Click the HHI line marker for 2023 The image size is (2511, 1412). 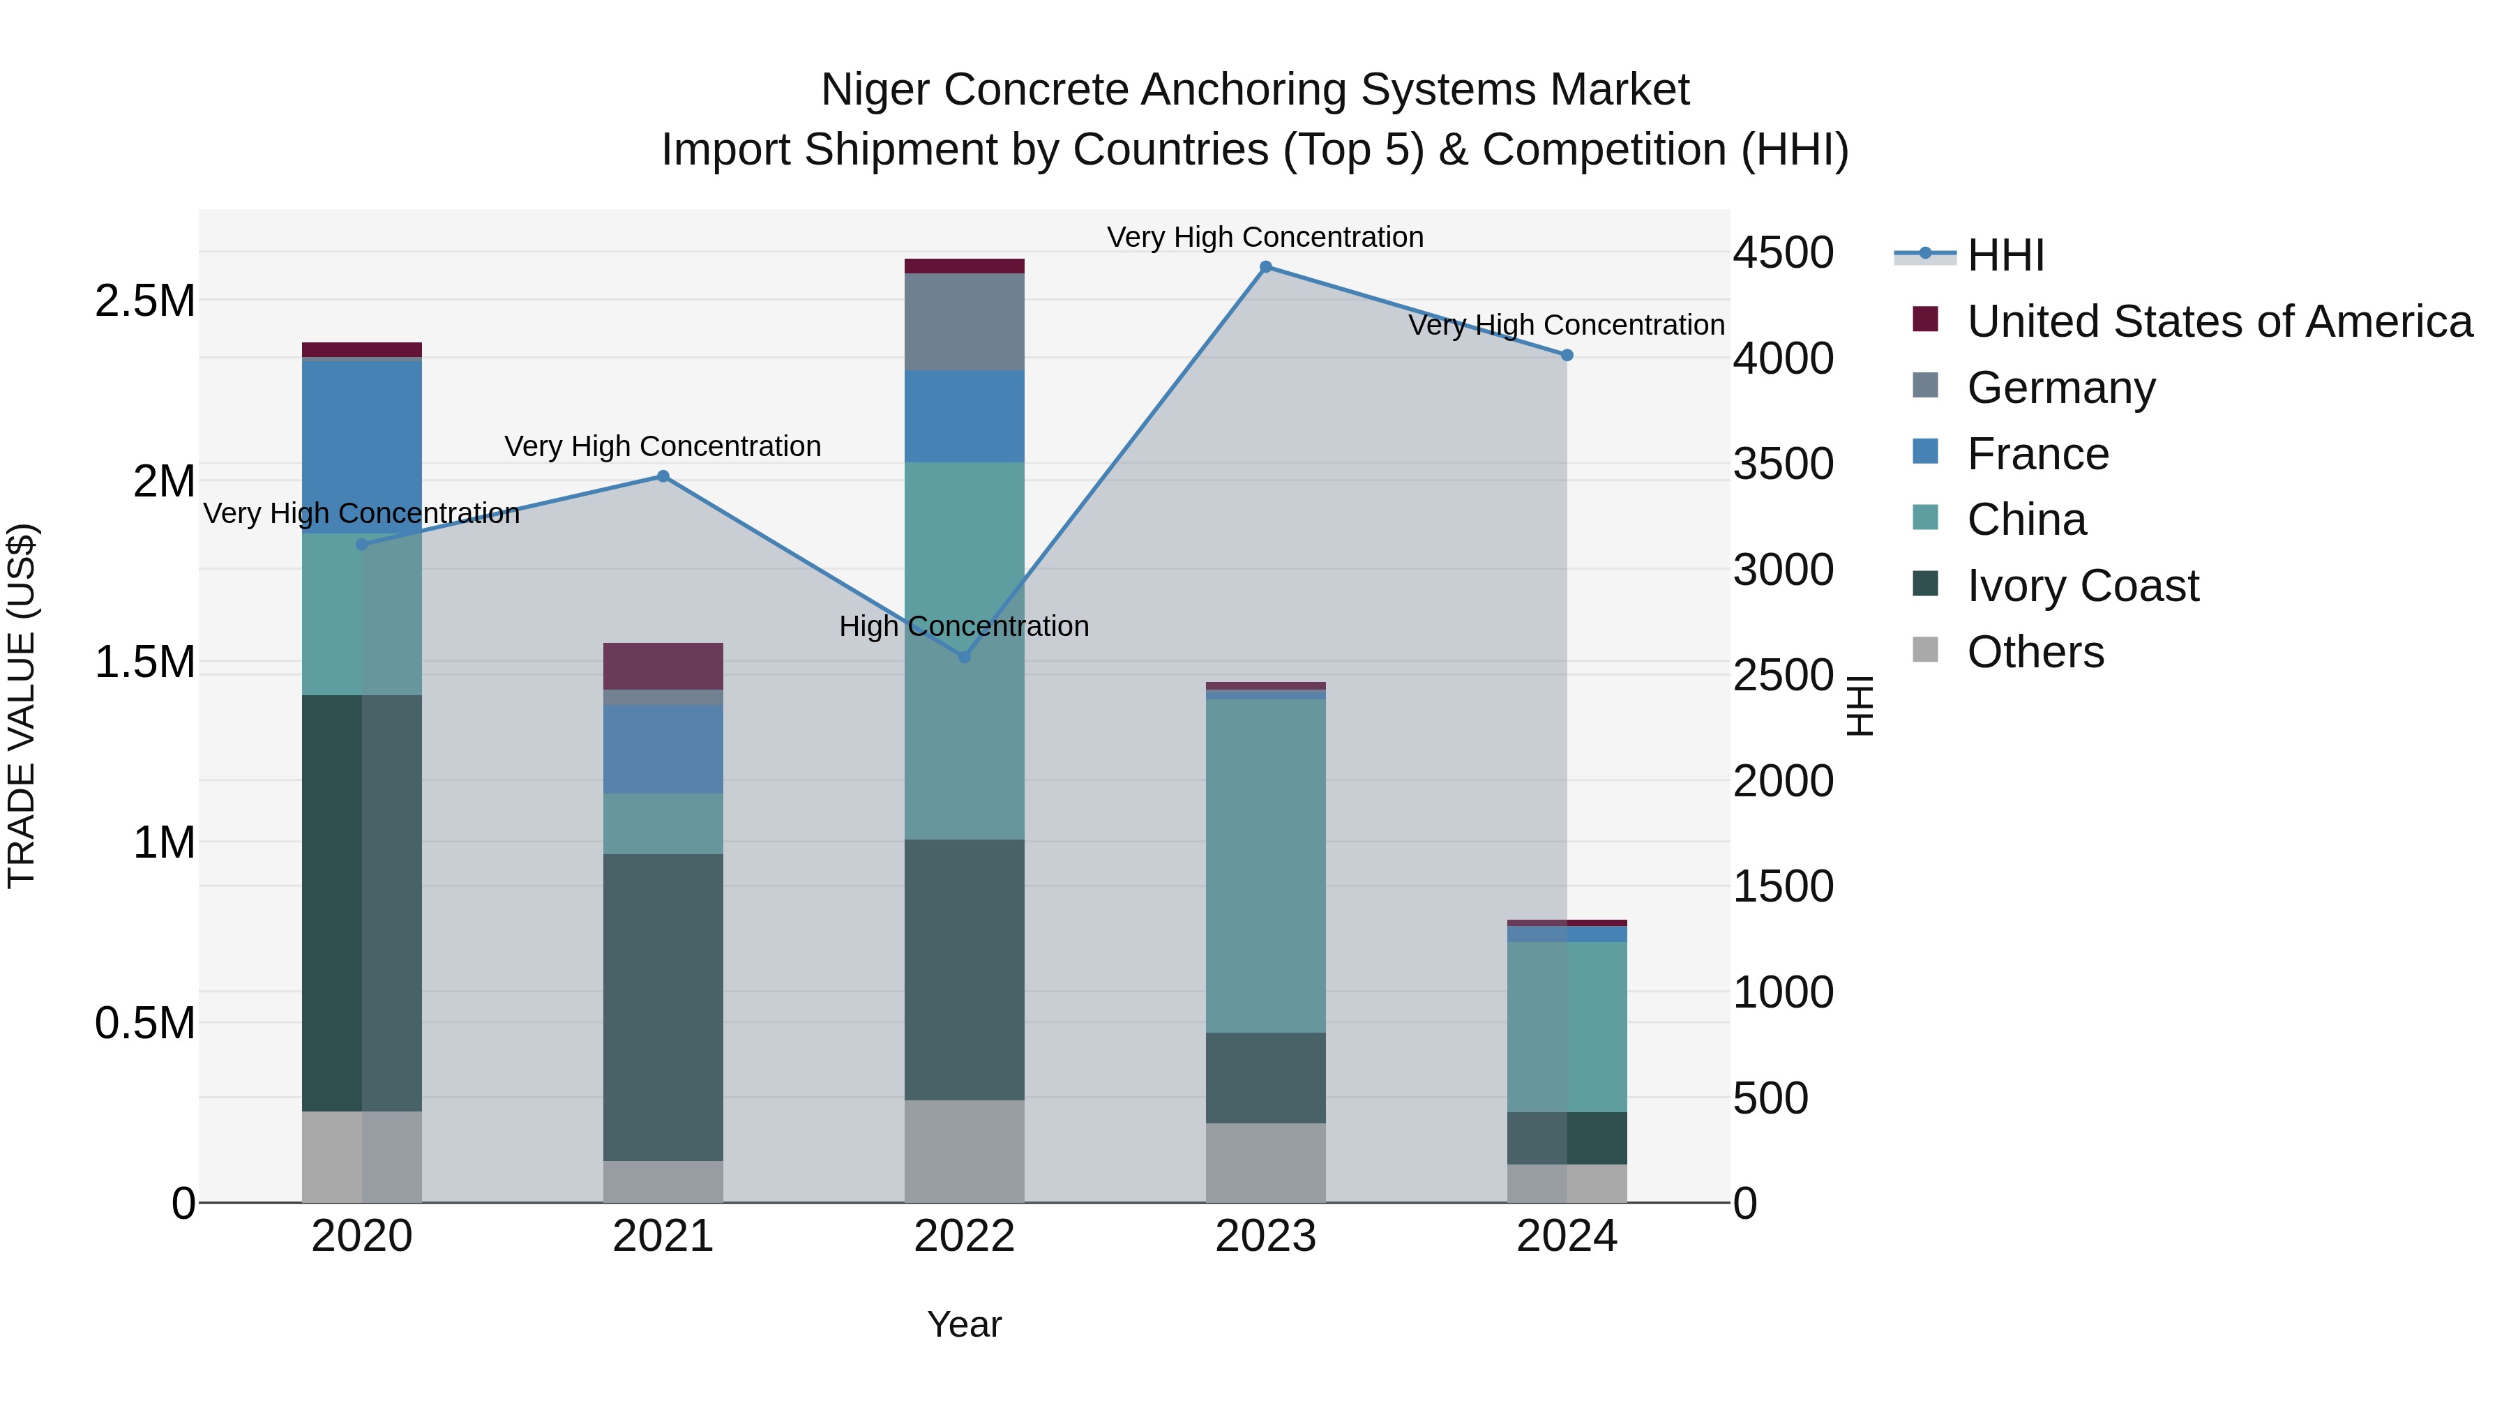click(1265, 267)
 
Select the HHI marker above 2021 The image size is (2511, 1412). click(663, 476)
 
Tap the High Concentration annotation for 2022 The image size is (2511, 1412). click(963, 627)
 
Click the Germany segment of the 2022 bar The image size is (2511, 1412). click(964, 321)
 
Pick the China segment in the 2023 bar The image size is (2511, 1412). click(1265, 865)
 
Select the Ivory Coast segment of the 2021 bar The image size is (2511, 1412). click(663, 1007)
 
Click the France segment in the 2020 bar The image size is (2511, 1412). click(361, 446)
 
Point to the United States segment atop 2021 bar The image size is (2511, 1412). click(663, 667)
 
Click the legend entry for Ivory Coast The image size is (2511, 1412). click(2082, 586)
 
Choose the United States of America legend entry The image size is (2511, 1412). click(2219, 321)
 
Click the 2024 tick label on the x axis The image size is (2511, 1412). click(1567, 1236)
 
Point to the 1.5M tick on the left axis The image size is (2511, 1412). click(144, 662)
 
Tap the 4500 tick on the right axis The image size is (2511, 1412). click(1783, 252)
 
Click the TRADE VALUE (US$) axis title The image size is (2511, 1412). click(22, 706)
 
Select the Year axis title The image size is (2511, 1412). click(963, 1324)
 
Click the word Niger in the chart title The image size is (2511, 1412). click(875, 90)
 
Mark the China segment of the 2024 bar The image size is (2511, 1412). click(1567, 1026)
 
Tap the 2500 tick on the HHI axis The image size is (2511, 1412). click(1783, 675)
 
